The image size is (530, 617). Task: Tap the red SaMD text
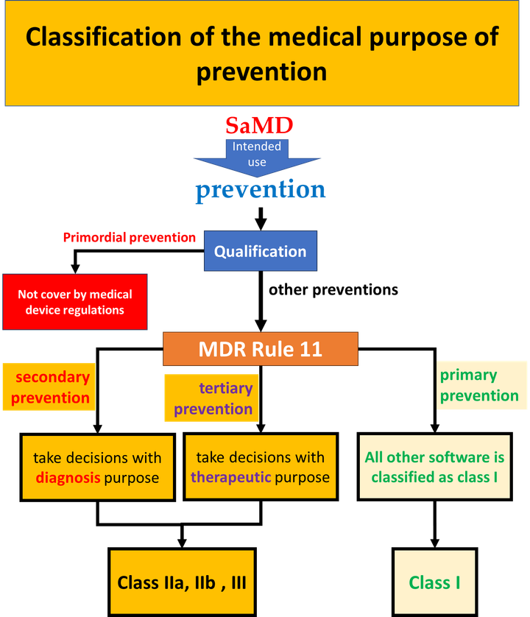[259, 125]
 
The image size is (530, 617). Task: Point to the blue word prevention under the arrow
[261, 190]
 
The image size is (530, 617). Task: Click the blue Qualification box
[260, 251]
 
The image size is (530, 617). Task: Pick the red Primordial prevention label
[130, 238]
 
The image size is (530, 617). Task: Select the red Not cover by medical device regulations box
[75, 302]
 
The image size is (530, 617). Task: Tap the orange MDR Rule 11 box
[260, 348]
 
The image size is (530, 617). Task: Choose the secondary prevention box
[49, 387]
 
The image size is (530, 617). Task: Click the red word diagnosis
[68, 477]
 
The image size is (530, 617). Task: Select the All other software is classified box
[434, 467]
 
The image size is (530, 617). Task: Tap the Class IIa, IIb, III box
[182, 582]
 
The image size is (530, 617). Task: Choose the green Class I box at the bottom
[434, 582]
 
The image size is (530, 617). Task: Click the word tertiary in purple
[226, 388]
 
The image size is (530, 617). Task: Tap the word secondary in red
[52, 377]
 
